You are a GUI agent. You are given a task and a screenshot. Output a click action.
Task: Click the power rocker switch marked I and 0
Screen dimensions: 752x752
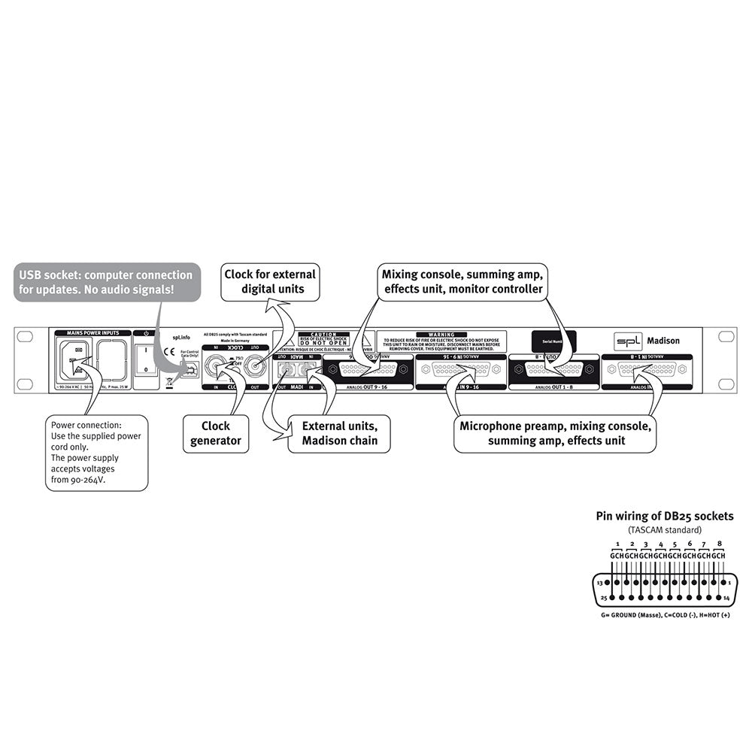tap(145, 359)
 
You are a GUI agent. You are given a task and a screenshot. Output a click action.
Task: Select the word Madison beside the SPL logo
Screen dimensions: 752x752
tap(663, 341)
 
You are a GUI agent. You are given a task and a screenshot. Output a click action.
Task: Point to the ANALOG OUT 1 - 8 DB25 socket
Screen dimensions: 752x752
tap(553, 369)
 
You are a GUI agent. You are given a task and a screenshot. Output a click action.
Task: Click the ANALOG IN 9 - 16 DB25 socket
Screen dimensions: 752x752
tap(461, 369)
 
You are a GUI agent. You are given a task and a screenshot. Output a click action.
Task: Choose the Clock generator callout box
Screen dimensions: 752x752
tap(216, 434)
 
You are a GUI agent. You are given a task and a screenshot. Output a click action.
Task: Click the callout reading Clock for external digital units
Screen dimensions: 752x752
tap(270, 280)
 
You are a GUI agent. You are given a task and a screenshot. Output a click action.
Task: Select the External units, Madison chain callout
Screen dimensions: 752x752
tap(339, 434)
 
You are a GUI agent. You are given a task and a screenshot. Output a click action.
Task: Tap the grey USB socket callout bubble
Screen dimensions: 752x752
tap(107, 281)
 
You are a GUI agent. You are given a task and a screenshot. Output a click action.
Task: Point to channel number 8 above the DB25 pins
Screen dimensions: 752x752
tap(720, 542)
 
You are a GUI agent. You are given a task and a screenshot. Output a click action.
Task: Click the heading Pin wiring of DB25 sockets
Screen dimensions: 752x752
tap(664, 516)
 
